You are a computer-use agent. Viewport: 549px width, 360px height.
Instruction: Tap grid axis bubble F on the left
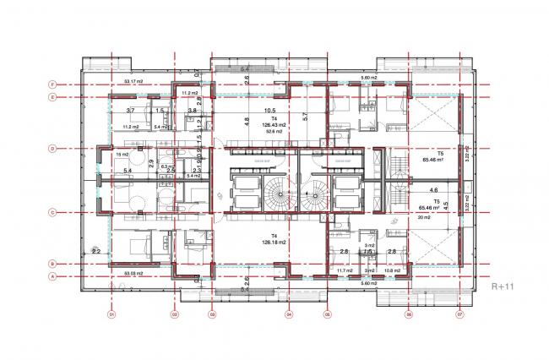(52, 85)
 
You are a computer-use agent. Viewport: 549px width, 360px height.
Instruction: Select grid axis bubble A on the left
(52, 276)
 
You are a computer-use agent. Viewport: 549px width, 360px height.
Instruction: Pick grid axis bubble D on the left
(52, 149)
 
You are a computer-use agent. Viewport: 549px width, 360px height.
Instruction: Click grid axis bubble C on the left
(52, 213)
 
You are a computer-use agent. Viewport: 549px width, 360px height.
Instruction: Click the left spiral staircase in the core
(274, 193)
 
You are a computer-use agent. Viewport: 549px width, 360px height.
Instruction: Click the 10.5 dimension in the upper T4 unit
(270, 111)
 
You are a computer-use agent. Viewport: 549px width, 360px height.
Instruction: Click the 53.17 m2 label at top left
(133, 82)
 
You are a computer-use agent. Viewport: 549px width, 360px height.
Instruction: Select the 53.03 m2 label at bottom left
(133, 274)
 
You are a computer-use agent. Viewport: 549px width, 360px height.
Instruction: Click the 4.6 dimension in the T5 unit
(434, 191)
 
